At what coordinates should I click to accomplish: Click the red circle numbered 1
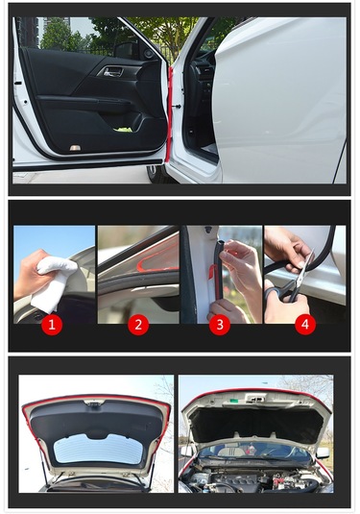pos(52,325)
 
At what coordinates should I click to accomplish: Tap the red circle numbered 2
pos(138,325)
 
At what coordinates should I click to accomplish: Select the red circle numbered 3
pos(220,325)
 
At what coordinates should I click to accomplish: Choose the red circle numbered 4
pos(305,325)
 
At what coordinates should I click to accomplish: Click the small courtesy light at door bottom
pos(74,148)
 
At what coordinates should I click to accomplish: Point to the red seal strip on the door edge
pos(169,114)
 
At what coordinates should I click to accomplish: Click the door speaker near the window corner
pos(148,54)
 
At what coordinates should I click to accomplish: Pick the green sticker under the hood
pos(233,401)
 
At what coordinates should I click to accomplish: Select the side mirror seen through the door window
pos(126,50)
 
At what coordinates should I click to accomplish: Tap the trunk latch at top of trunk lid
pos(94,403)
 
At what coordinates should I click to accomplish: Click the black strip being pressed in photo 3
pos(218,269)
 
